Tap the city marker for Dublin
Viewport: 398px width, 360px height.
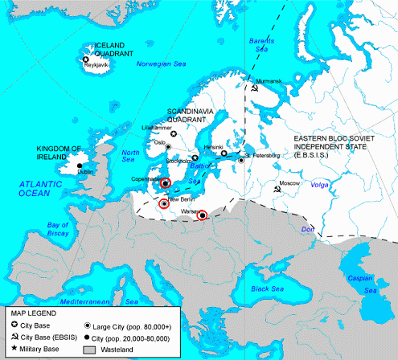tap(80, 166)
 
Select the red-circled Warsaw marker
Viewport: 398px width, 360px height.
tap(202, 215)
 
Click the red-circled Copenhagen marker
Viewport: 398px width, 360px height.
tap(165, 182)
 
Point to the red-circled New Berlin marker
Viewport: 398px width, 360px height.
tap(164, 204)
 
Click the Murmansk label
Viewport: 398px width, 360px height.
tap(268, 81)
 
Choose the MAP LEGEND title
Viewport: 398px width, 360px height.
tap(32, 312)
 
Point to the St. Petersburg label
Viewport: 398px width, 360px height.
tap(260, 153)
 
